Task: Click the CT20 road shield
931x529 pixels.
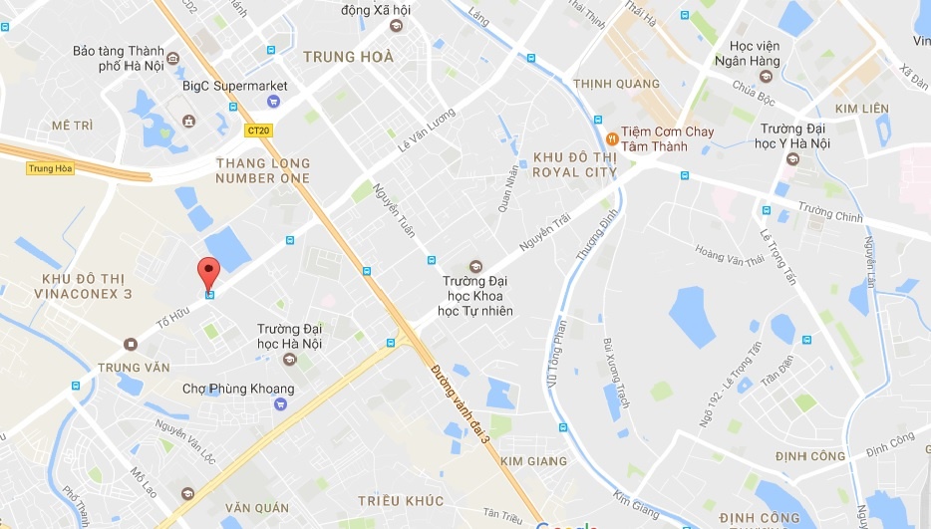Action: (x=259, y=130)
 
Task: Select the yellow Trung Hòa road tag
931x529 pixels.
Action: (x=50, y=168)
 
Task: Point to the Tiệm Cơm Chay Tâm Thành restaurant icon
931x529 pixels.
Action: (x=610, y=137)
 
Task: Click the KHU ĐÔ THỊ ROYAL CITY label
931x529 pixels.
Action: (x=575, y=164)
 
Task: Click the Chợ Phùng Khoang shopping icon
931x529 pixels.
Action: (x=280, y=403)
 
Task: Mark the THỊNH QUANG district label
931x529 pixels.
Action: (x=610, y=84)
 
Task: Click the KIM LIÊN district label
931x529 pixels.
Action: (x=861, y=108)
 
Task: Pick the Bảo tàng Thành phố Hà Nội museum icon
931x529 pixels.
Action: (x=173, y=58)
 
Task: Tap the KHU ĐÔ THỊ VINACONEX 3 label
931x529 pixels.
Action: (x=83, y=286)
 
